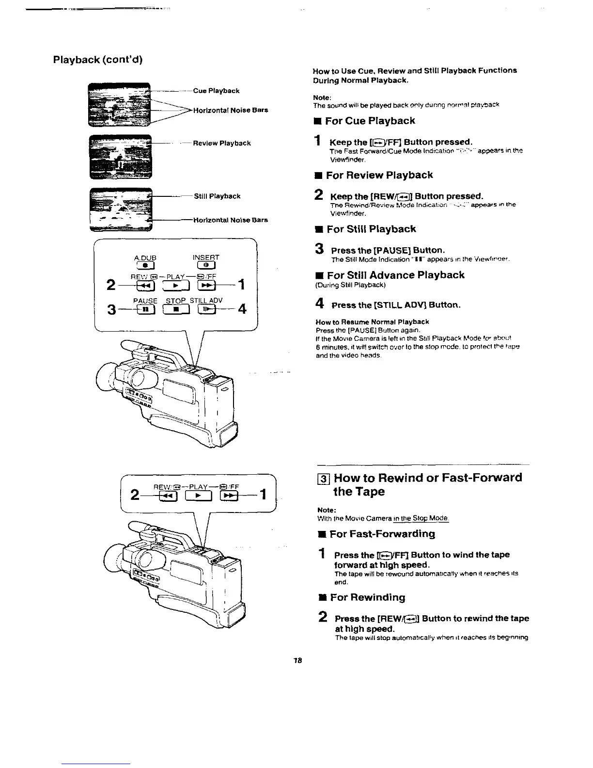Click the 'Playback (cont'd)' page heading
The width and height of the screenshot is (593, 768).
(97, 60)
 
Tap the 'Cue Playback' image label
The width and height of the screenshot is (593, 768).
(216, 91)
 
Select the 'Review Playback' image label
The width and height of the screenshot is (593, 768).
(221, 143)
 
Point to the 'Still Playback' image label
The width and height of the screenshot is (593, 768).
(217, 196)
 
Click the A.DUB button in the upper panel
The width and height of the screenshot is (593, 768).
(145, 265)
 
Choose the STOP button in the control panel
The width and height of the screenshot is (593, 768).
(177, 309)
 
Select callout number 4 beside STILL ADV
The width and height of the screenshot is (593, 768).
(242, 308)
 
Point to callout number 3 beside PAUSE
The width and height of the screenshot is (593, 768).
(112, 309)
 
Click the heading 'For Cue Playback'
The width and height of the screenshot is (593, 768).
(370, 121)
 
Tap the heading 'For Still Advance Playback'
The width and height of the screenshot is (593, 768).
(395, 275)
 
